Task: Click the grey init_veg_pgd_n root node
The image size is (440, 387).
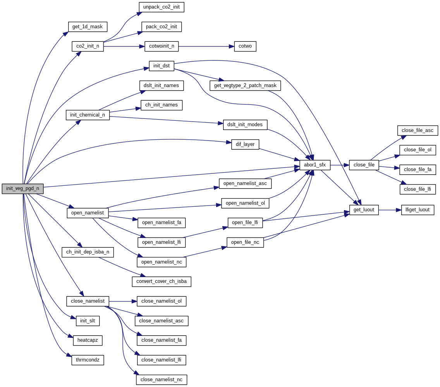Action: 22,188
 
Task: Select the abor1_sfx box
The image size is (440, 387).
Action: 315,165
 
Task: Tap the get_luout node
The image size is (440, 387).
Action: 364,210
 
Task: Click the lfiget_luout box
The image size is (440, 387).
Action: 418,210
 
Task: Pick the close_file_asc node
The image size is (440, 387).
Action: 417,130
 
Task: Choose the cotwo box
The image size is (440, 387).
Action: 245,46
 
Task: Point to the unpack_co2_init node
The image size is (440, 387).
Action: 162,7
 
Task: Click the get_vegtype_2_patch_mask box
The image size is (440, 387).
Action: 245,86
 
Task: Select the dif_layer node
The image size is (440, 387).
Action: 245,144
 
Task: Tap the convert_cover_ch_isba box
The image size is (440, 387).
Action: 162,281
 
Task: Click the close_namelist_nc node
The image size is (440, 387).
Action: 162,380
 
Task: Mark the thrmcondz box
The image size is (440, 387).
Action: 88,360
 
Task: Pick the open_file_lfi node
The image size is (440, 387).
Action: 245,223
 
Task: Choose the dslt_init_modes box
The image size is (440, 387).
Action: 245,125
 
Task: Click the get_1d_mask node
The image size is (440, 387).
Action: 88,27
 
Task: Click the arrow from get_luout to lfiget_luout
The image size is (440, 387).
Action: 390,210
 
